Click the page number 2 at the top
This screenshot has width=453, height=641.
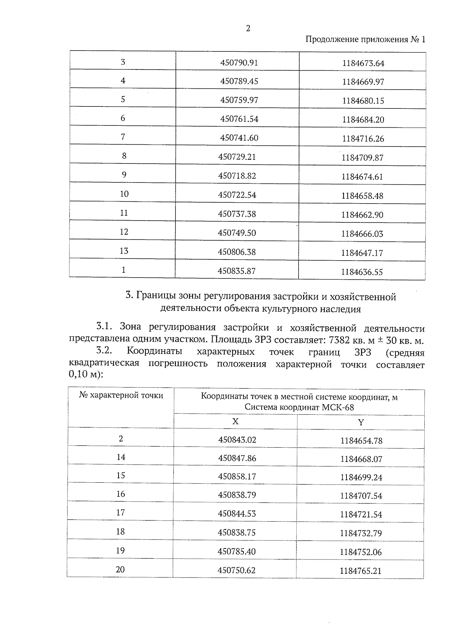(x=248, y=29)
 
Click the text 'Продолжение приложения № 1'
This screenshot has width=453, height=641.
(x=365, y=40)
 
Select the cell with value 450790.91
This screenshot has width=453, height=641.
(x=239, y=62)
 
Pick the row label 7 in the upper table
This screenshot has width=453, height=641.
(x=123, y=137)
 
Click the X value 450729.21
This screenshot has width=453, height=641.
(x=237, y=157)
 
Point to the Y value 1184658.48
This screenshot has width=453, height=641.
(x=362, y=196)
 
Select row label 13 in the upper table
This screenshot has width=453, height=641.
(x=124, y=251)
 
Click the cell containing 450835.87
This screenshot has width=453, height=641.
(x=237, y=271)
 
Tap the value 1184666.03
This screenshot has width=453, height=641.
(x=362, y=234)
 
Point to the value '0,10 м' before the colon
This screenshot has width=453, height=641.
(x=83, y=374)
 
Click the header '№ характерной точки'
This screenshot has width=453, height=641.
(x=121, y=395)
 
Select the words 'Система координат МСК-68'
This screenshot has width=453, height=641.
(x=299, y=407)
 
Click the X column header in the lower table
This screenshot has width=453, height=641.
(x=235, y=421)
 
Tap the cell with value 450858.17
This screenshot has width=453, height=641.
(x=237, y=476)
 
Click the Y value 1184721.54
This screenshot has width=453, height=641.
(x=361, y=514)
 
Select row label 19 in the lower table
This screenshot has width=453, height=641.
(x=120, y=550)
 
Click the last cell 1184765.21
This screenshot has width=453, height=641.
(x=361, y=571)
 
